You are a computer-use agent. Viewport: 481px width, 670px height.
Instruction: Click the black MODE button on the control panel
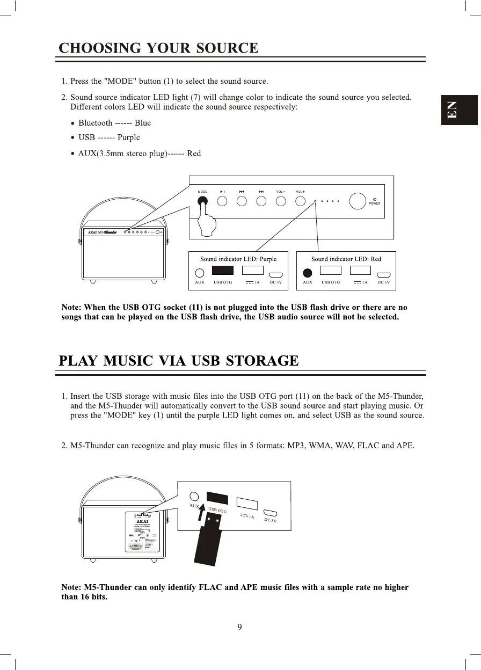click(203, 202)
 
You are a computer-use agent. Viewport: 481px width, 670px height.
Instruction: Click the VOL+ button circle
click(301, 202)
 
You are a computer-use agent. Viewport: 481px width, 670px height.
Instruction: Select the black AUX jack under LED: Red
click(308, 273)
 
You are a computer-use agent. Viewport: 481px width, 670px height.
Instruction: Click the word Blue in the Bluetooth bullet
click(143, 123)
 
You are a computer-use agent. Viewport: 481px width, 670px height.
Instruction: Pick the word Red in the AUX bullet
click(194, 154)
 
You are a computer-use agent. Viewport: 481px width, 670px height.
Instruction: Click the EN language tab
click(459, 110)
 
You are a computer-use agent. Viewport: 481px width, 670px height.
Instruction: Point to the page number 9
click(240, 627)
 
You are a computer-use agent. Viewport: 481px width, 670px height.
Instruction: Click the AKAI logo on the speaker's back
click(142, 520)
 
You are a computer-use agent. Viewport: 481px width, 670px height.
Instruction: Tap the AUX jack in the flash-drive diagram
click(195, 497)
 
